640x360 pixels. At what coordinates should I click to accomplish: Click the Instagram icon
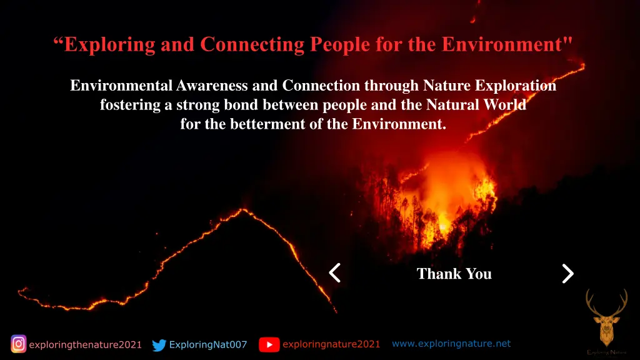[x=19, y=344]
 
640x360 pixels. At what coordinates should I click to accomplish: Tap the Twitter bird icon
[x=159, y=345]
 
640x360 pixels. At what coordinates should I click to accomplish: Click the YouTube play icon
[x=269, y=344]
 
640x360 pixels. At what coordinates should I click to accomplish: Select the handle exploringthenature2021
[x=85, y=344]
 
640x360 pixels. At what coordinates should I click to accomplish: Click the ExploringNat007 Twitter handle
[x=208, y=344]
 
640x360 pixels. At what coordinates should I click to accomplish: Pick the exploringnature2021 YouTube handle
[x=331, y=344]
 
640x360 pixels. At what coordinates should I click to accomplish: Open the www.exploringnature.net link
[x=451, y=343]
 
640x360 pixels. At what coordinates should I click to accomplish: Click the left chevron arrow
[x=335, y=273]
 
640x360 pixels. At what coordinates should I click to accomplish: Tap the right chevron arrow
[x=567, y=273]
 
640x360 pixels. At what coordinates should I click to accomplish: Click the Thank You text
[x=454, y=274]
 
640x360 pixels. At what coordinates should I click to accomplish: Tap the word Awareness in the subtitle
[x=213, y=86]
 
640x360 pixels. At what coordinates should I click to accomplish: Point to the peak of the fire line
[x=244, y=210]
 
